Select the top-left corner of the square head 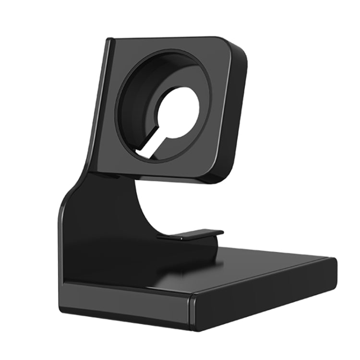[109, 41]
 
